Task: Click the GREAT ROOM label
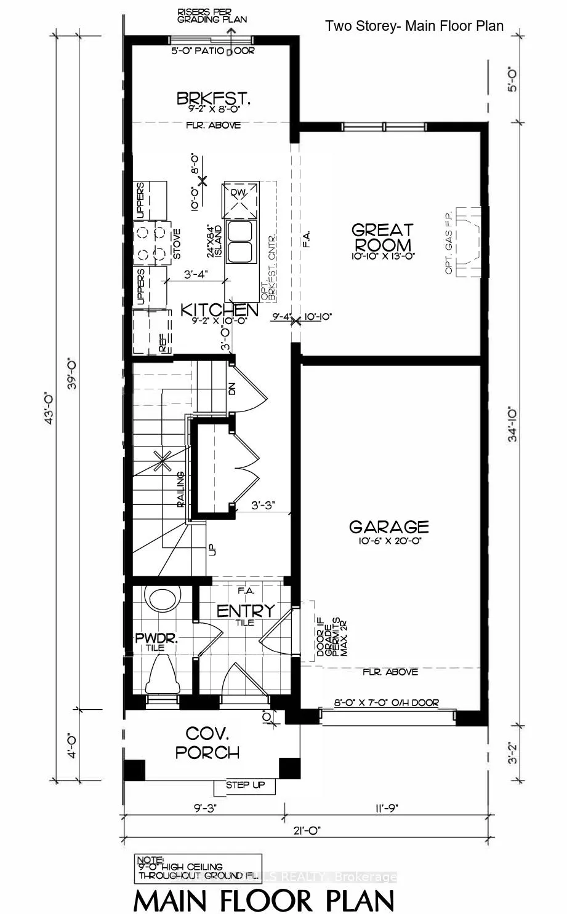click(x=382, y=237)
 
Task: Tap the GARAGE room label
click(x=388, y=527)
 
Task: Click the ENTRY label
click(x=245, y=611)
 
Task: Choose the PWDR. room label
click(x=156, y=638)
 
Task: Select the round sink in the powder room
click(x=163, y=598)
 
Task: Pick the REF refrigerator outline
click(x=151, y=332)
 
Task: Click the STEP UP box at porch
click(x=245, y=785)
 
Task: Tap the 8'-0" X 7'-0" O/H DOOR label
click(x=386, y=703)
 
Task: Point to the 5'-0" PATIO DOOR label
click(x=212, y=51)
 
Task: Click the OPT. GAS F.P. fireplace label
click(x=449, y=242)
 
